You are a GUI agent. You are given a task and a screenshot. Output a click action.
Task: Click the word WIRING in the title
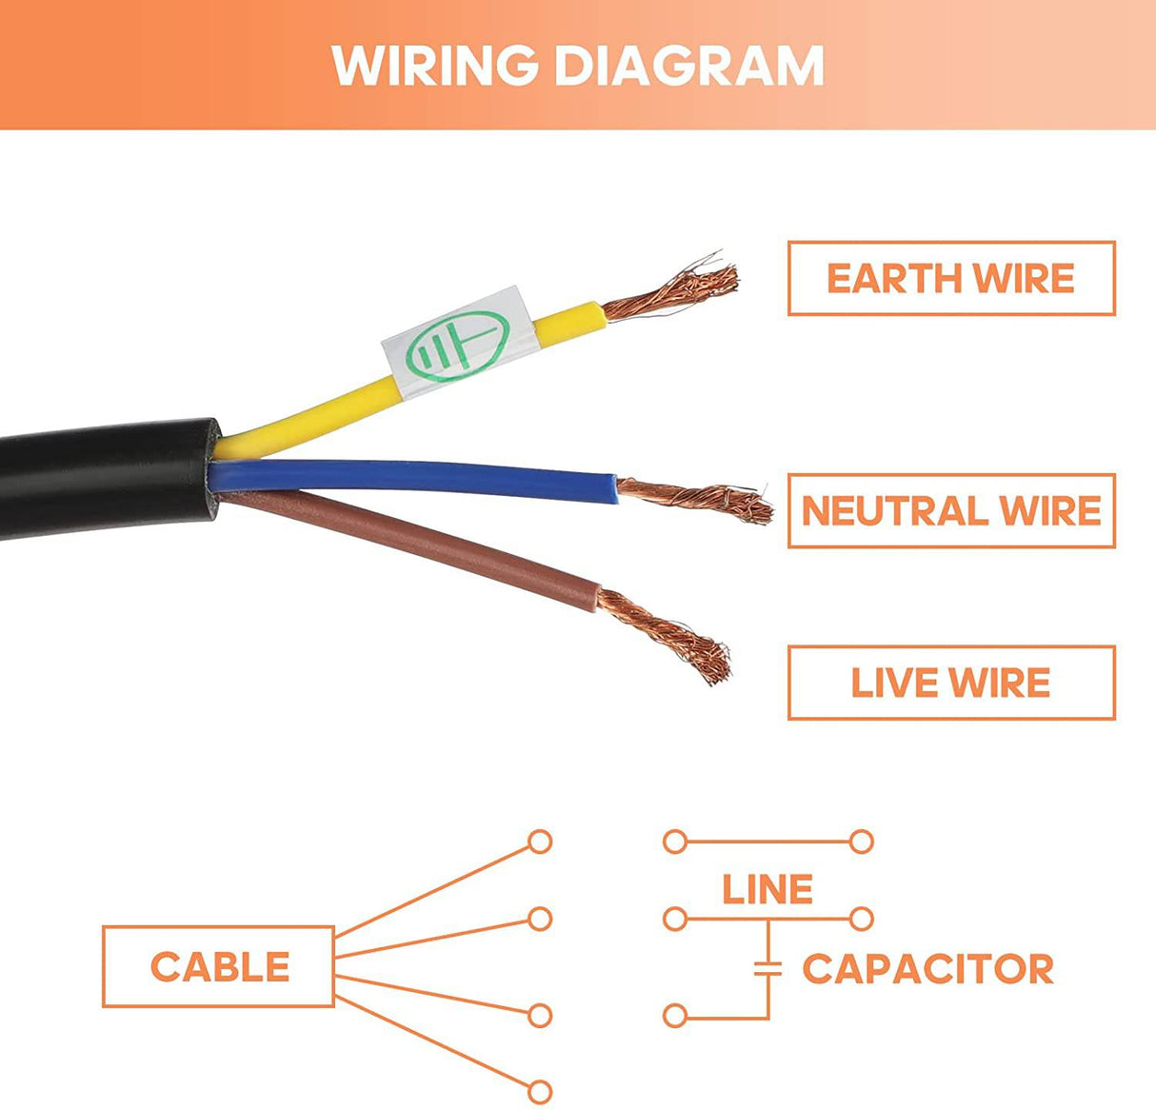[x=434, y=65]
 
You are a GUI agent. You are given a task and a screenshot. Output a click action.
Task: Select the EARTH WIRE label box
[x=950, y=278]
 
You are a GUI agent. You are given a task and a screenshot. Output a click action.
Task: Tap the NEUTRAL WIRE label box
[x=950, y=510]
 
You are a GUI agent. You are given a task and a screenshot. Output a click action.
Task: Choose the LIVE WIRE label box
[x=950, y=683]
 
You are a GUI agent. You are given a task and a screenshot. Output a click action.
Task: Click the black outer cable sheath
[x=105, y=481]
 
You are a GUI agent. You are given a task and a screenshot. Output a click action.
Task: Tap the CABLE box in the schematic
[x=218, y=966]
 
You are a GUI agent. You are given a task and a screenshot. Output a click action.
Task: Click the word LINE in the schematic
[x=767, y=890]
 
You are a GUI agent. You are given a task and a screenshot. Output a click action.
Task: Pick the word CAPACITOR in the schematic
[x=927, y=969]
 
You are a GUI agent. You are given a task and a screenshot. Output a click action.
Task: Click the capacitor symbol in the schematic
[x=767, y=969]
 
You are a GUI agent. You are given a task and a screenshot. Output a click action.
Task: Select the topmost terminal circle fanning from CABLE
[x=540, y=842]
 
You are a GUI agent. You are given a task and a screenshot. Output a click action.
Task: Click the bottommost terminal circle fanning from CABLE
[x=540, y=1091]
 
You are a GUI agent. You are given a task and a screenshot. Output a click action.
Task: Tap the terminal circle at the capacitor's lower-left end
[x=675, y=1016]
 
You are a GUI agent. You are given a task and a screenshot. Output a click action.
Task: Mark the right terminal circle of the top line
[x=862, y=842]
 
